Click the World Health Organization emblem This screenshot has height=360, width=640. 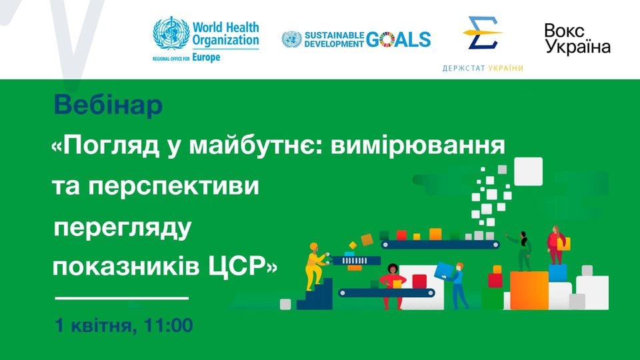click(171, 33)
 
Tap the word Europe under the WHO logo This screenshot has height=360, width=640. click(206, 57)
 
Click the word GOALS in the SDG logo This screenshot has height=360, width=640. click(399, 39)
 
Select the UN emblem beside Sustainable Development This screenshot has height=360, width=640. click(291, 39)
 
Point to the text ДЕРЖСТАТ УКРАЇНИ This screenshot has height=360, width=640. click(483, 69)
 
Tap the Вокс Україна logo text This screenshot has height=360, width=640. click(577, 39)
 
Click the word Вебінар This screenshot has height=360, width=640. click(108, 105)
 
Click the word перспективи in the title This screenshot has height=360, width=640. click(174, 186)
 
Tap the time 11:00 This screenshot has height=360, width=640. click(168, 326)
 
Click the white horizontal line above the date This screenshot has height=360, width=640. click(121, 299)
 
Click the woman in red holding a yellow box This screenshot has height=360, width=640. click(556, 244)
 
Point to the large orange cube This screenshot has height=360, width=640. click(529, 290)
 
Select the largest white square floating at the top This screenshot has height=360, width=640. click(528, 171)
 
